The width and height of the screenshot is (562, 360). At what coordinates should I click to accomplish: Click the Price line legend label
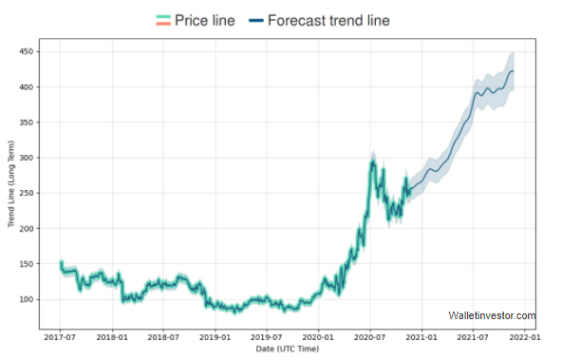tap(204, 20)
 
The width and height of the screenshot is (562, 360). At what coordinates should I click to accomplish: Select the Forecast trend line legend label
tap(329, 20)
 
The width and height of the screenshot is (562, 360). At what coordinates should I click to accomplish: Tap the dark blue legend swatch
tap(255, 20)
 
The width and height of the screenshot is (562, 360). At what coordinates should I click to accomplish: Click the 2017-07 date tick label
tap(61, 337)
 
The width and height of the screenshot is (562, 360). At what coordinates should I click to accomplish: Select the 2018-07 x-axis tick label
tap(163, 337)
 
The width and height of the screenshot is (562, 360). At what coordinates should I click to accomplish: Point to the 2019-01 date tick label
tap(215, 337)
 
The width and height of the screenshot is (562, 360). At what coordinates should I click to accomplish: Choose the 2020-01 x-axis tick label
tap(318, 337)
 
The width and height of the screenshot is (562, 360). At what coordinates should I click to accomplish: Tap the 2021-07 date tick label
tap(473, 337)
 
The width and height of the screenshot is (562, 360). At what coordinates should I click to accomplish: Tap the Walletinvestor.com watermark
tap(492, 316)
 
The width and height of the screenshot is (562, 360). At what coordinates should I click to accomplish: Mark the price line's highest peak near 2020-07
tap(373, 161)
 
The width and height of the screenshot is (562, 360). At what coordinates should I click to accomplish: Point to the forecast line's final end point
tap(514, 70)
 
